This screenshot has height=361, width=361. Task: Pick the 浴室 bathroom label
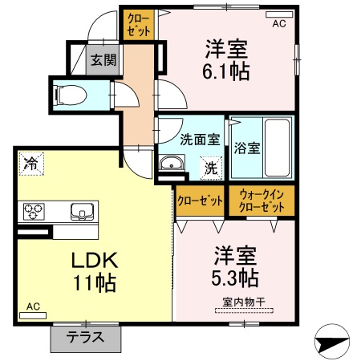(x=246, y=148)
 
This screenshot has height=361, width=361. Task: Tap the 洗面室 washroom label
(x=199, y=138)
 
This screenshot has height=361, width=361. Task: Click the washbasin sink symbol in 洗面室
(x=171, y=165)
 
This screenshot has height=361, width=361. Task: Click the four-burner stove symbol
(x=33, y=211)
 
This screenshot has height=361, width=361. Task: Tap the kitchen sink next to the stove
(x=82, y=212)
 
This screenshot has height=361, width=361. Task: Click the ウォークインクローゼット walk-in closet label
(x=262, y=201)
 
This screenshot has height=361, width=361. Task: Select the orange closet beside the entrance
(x=136, y=24)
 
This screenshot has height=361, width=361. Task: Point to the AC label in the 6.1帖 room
(x=278, y=23)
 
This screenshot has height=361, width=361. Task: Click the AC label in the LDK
(x=32, y=307)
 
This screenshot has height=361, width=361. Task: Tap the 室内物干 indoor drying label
(x=238, y=303)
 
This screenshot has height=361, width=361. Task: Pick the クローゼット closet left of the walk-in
(x=200, y=201)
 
